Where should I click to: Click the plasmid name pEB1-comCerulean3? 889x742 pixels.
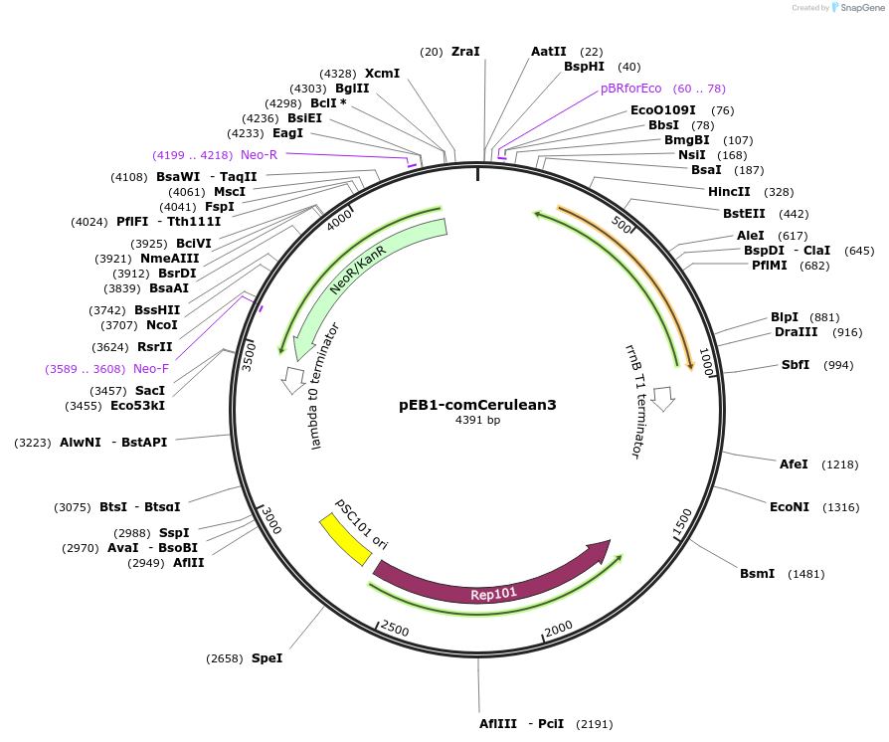[x=477, y=405]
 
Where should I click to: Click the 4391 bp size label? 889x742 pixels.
[x=477, y=421]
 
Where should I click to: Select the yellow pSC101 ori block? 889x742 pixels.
[x=344, y=541]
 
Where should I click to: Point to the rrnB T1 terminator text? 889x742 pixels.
[x=633, y=401]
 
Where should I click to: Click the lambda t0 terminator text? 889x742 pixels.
[x=325, y=386]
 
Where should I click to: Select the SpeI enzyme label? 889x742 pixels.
[x=267, y=657]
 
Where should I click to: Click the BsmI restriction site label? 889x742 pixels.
[x=757, y=573]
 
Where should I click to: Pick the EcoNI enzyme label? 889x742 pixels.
[x=790, y=506]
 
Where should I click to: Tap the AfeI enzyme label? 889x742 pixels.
[x=794, y=464]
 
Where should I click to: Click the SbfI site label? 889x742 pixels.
[x=796, y=365]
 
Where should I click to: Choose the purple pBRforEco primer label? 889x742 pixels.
[x=630, y=88]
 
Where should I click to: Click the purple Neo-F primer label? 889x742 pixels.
[x=151, y=369]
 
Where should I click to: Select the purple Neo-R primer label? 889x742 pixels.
[x=259, y=154]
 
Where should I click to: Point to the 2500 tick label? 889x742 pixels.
[x=395, y=629]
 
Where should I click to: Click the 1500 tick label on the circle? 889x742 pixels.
[x=683, y=521]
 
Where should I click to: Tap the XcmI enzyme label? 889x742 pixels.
[x=382, y=74]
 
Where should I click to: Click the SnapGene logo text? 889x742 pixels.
[x=860, y=8]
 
